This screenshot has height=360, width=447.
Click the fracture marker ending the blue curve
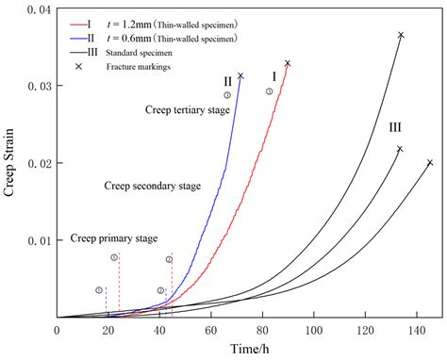[x=240, y=76]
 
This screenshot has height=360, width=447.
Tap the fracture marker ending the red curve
[x=288, y=63]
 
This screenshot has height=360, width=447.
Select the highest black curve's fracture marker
[x=401, y=35]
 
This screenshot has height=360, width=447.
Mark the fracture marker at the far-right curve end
[x=430, y=162]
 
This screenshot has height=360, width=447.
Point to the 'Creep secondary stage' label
[x=152, y=187]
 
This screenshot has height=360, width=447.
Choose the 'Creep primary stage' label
[x=114, y=238]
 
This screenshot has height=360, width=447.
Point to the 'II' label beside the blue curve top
[x=227, y=81]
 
